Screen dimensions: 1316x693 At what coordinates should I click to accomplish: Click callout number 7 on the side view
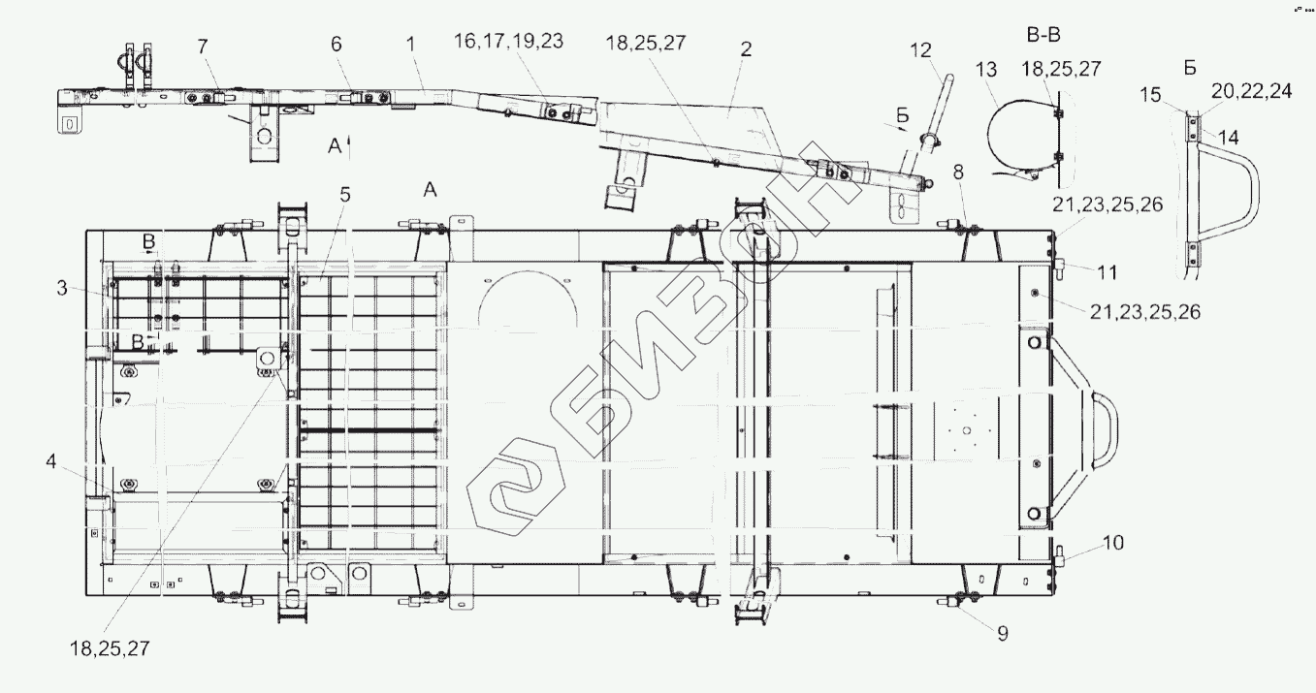[x=203, y=47]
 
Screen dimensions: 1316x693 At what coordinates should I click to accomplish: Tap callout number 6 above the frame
[x=337, y=44]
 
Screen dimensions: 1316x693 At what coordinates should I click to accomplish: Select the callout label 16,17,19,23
[x=509, y=41]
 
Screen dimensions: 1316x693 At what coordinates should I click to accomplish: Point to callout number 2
[x=746, y=49]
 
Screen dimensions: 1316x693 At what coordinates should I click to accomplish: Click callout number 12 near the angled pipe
[x=920, y=50]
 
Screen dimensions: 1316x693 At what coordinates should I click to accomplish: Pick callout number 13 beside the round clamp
[x=986, y=70]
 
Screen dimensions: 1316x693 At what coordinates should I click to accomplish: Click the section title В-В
[x=1043, y=35]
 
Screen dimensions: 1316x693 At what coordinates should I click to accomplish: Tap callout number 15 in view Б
[x=1151, y=95]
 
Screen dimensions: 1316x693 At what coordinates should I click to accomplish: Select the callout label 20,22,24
[x=1251, y=91]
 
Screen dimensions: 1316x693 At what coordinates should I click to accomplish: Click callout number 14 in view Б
[x=1229, y=138]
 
